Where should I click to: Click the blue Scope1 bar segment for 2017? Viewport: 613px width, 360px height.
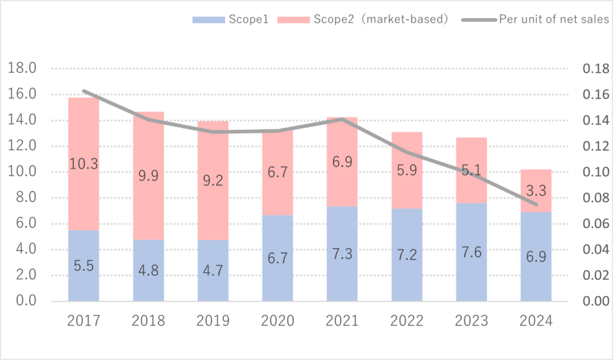tap(83, 265)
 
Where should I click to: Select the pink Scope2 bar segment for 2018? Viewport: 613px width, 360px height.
tap(148, 175)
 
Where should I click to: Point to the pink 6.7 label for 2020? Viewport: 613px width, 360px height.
tap(277, 173)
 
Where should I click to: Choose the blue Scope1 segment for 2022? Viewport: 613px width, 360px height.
tap(406, 255)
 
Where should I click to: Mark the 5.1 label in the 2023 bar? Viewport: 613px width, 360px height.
tap(471, 170)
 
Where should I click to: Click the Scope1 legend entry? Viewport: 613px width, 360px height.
tap(230, 19)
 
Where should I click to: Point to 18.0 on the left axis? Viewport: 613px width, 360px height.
tap(22, 69)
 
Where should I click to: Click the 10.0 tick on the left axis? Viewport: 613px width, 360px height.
tap(22, 172)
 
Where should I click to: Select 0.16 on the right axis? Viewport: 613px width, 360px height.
tap(595, 95)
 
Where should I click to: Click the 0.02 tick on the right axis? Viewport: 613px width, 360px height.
tap(595, 275)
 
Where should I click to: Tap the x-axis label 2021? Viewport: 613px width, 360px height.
tap(342, 321)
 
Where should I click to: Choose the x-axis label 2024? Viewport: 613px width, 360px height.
tap(536, 321)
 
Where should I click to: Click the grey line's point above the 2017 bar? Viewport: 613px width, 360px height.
tap(83, 91)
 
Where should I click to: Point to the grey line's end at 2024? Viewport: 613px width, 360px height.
tap(536, 204)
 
